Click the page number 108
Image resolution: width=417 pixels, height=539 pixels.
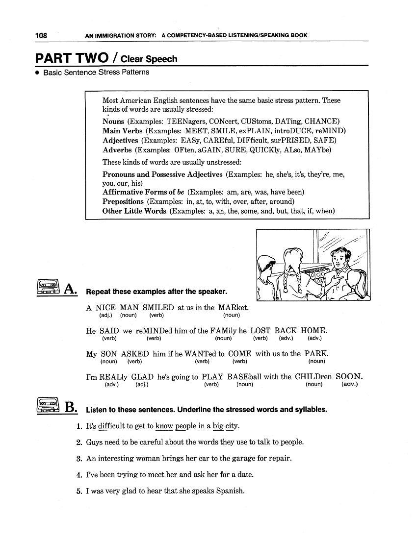click(x=41, y=35)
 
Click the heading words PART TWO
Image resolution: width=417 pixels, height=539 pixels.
click(x=72, y=58)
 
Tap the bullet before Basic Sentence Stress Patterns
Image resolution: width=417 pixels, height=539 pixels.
click(x=37, y=73)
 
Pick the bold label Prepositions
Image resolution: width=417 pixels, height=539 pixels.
click(x=123, y=201)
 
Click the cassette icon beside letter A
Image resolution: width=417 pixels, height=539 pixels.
click(x=48, y=287)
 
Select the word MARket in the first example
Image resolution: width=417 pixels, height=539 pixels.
click(x=234, y=308)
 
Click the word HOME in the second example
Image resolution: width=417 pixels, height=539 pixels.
click(x=313, y=331)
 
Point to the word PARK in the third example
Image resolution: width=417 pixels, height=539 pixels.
click(x=316, y=354)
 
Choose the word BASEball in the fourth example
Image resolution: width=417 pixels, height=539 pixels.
click(x=245, y=377)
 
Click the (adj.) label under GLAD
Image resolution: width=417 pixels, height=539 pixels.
click(x=142, y=385)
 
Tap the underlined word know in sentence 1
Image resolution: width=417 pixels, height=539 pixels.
click(x=164, y=426)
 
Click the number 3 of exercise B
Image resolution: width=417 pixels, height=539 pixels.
click(x=79, y=459)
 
